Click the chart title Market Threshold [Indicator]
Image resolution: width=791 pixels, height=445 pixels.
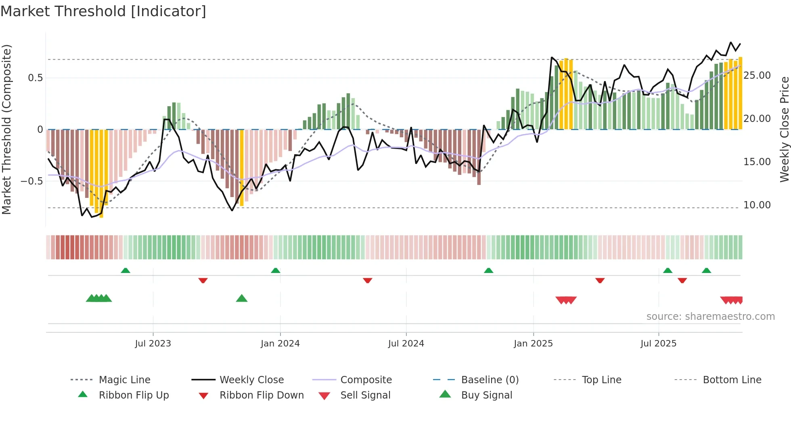pos(103,11)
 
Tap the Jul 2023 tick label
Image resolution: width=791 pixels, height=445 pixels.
pos(153,344)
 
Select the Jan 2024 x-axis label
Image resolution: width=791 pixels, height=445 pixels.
pos(280,344)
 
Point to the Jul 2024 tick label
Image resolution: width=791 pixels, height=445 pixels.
pos(406,344)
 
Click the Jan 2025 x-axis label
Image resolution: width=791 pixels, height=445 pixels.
pos(533,344)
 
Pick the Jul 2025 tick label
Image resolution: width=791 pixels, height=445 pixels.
pos(658,344)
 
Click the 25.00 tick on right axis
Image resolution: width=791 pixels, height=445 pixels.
pos(757,76)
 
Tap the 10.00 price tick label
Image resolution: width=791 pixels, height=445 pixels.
pos(757,205)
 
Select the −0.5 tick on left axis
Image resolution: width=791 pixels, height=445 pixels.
pos(31,181)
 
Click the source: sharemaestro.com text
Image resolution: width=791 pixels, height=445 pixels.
pos(710,317)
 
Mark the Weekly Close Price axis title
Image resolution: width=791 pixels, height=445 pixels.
pos(784,129)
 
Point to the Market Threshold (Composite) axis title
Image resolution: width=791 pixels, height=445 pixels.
pos(6,129)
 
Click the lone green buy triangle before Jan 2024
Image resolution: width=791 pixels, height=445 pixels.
pos(241,298)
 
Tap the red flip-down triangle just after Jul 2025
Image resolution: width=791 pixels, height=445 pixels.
pos(682,280)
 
